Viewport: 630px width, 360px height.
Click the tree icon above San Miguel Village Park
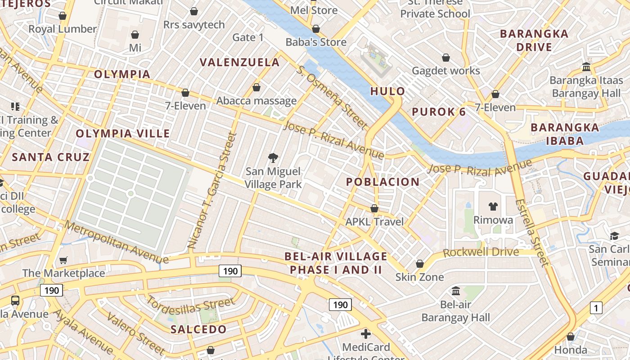(273, 157)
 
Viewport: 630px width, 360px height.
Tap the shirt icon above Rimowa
(493, 207)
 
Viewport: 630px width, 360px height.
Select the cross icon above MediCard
(366, 334)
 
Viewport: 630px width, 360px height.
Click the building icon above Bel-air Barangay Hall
(456, 291)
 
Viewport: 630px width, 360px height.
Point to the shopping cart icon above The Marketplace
(63, 260)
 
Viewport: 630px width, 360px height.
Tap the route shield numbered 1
(596, 308)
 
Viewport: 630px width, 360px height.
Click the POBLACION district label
(382, 182)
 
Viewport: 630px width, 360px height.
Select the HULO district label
(387, 91)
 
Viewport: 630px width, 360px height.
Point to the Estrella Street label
(532, 233)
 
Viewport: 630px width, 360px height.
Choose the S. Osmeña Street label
(332, 96)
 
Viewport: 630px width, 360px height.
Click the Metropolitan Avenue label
(116, 242)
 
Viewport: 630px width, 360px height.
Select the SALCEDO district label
(198, 329)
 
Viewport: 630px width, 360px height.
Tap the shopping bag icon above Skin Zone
(420, 264)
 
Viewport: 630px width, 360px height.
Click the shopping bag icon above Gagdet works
(446, 58)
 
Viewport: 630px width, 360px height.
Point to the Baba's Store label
(316, 42)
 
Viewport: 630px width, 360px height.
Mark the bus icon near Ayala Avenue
(15, 300)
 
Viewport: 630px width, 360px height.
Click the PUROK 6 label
(439, 112)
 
